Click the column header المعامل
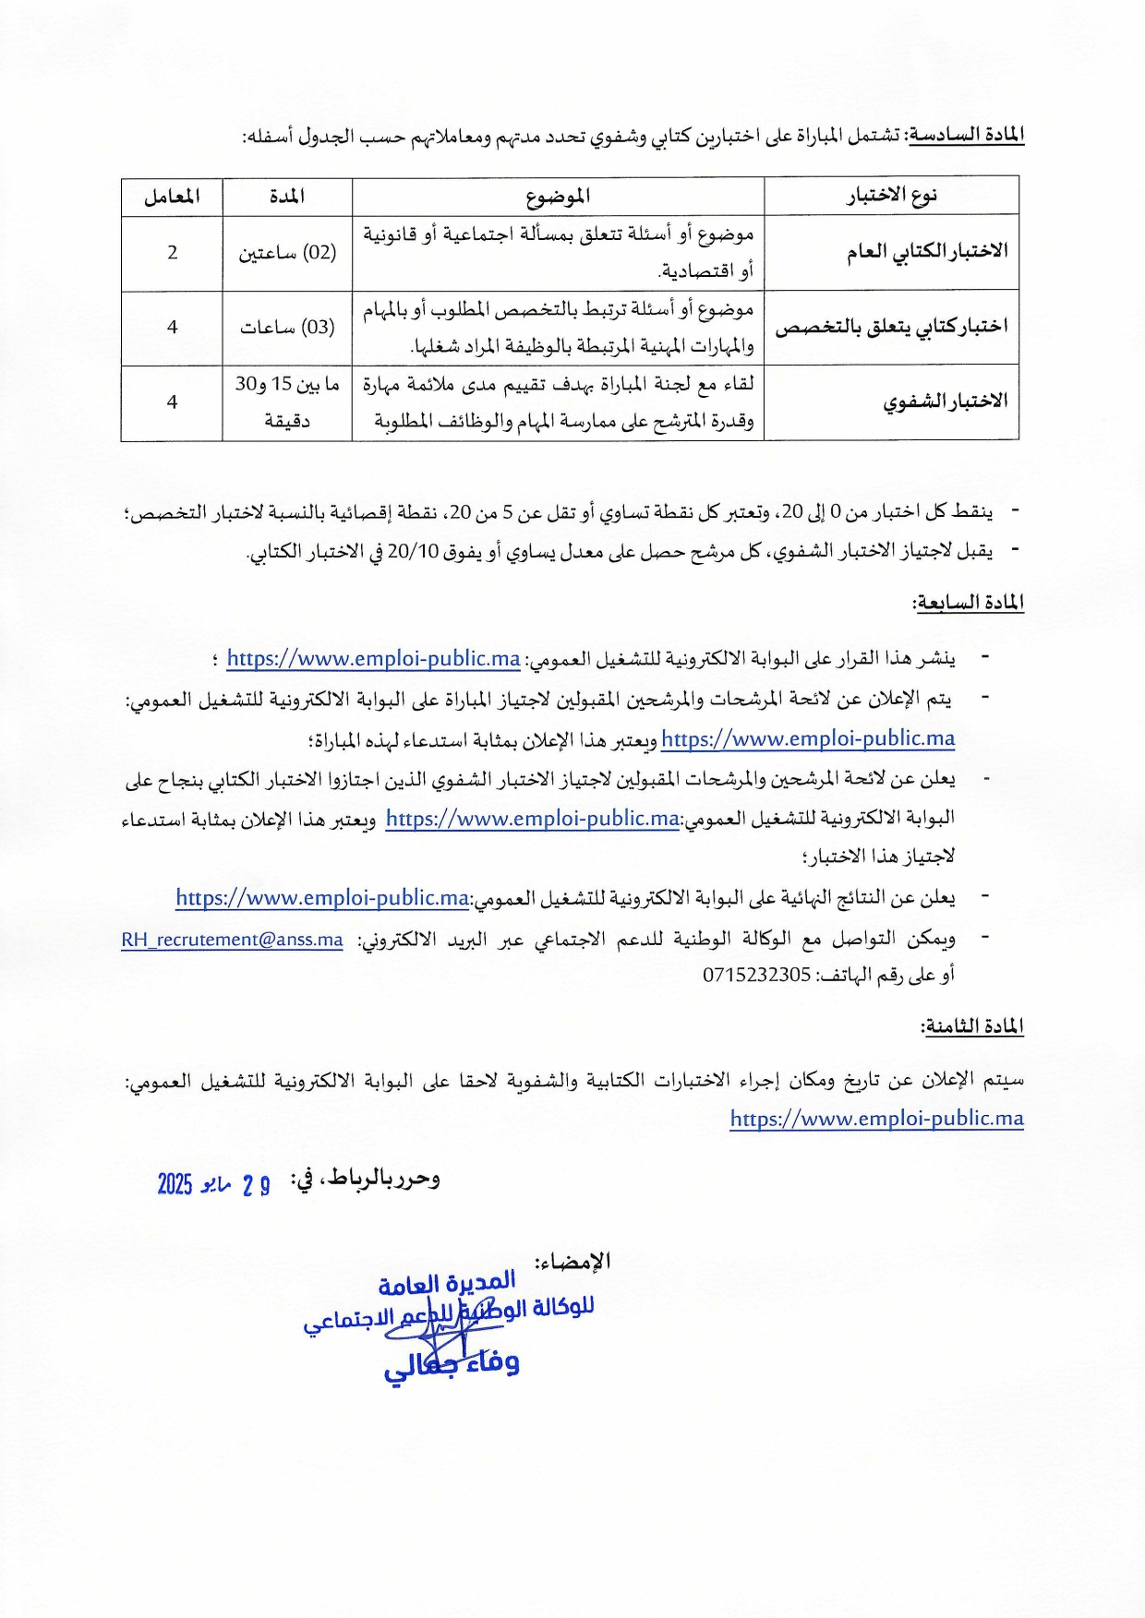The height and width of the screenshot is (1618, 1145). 172,197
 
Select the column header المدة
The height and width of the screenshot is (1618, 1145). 287,197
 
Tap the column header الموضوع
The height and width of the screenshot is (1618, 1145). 558,197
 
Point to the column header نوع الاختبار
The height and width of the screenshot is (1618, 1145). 892,196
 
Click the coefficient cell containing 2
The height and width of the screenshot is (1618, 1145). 172,253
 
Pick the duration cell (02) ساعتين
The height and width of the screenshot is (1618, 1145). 287,253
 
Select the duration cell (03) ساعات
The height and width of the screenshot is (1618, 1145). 287,328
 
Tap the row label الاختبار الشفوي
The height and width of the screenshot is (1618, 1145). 945,402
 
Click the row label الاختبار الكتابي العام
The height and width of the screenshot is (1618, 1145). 926,252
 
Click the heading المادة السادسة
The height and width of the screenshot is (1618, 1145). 967,136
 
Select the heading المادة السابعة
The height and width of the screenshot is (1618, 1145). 969,603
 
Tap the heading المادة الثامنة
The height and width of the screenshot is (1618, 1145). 972,1027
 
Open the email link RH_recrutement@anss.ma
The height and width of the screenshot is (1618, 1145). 232,940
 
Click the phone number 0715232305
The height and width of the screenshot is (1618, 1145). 756,975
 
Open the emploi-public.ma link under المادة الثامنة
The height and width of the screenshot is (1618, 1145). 876,1119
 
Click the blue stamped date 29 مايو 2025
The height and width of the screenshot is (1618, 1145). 213,1184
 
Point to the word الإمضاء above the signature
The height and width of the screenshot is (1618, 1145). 572,1261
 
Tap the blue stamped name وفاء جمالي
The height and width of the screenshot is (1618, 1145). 452,1364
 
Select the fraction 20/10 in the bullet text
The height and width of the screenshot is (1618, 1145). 412,551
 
